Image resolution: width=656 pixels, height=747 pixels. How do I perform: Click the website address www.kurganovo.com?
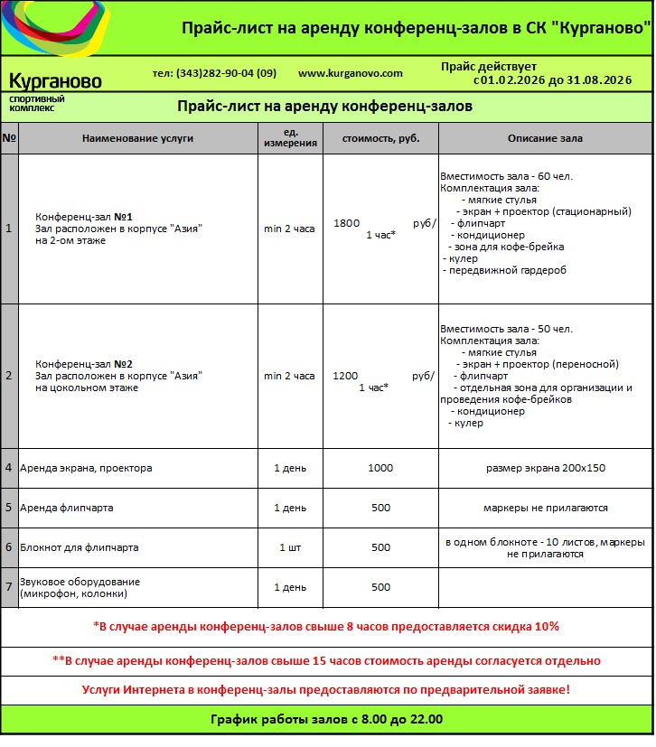pos(350,73)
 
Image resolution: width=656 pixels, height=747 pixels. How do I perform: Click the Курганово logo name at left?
pos(55,81)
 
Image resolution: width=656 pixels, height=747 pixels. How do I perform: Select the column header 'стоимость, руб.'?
pos(380,138)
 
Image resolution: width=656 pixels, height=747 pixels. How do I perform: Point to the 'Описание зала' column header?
pos(545,138)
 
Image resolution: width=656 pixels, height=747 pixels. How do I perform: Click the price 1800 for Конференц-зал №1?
pos(347,222)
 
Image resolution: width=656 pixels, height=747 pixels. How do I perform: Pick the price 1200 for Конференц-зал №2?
pos(346,375)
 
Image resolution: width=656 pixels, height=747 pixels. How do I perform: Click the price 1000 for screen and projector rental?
pos(380,468)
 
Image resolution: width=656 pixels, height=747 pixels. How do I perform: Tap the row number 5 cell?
pos(9,508)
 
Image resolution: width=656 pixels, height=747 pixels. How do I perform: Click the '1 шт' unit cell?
pos(290,547)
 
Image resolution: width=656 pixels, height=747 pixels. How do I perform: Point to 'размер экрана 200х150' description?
pos(545,468)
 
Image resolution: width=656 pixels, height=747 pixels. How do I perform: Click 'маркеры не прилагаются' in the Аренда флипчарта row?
pos(545,508)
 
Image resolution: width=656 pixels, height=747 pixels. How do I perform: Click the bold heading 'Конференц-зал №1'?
pos(84,217)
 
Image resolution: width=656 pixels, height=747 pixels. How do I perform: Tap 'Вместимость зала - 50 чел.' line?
pos(506,329)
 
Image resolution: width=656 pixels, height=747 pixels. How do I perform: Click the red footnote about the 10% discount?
pos(326,626)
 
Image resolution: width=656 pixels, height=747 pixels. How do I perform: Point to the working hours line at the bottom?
pos(326,720)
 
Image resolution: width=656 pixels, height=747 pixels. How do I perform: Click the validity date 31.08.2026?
pos(600,80)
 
